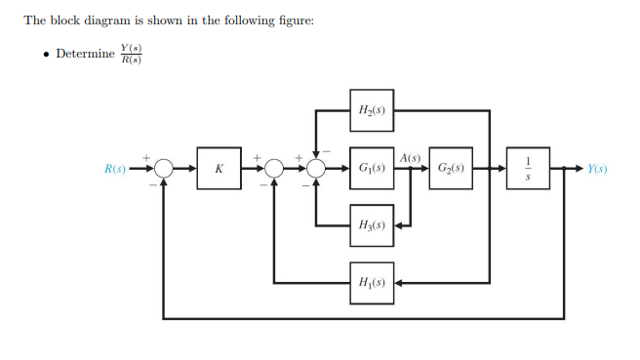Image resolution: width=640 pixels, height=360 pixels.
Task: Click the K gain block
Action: pos(219,168)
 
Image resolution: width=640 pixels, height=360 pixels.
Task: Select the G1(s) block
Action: pos(372,168)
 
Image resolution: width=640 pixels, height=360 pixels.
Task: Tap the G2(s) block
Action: pos(450,168)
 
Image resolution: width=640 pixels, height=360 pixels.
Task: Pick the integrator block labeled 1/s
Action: pos(528,168)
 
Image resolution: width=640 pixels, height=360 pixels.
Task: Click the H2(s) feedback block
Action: pos(372,110)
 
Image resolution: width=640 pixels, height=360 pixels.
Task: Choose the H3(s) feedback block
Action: pos(372,224)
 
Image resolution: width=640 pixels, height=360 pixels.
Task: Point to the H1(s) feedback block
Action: pos(372,282)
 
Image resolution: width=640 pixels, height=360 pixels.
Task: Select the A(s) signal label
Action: pos(410,157)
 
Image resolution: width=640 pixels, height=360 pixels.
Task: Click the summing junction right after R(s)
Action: pos(163,169)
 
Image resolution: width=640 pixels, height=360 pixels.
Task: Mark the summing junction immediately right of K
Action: pos(274,169)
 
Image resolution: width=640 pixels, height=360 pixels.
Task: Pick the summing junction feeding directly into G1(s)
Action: pos(316,169)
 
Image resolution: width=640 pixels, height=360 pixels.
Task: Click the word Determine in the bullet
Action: pos(85,53)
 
